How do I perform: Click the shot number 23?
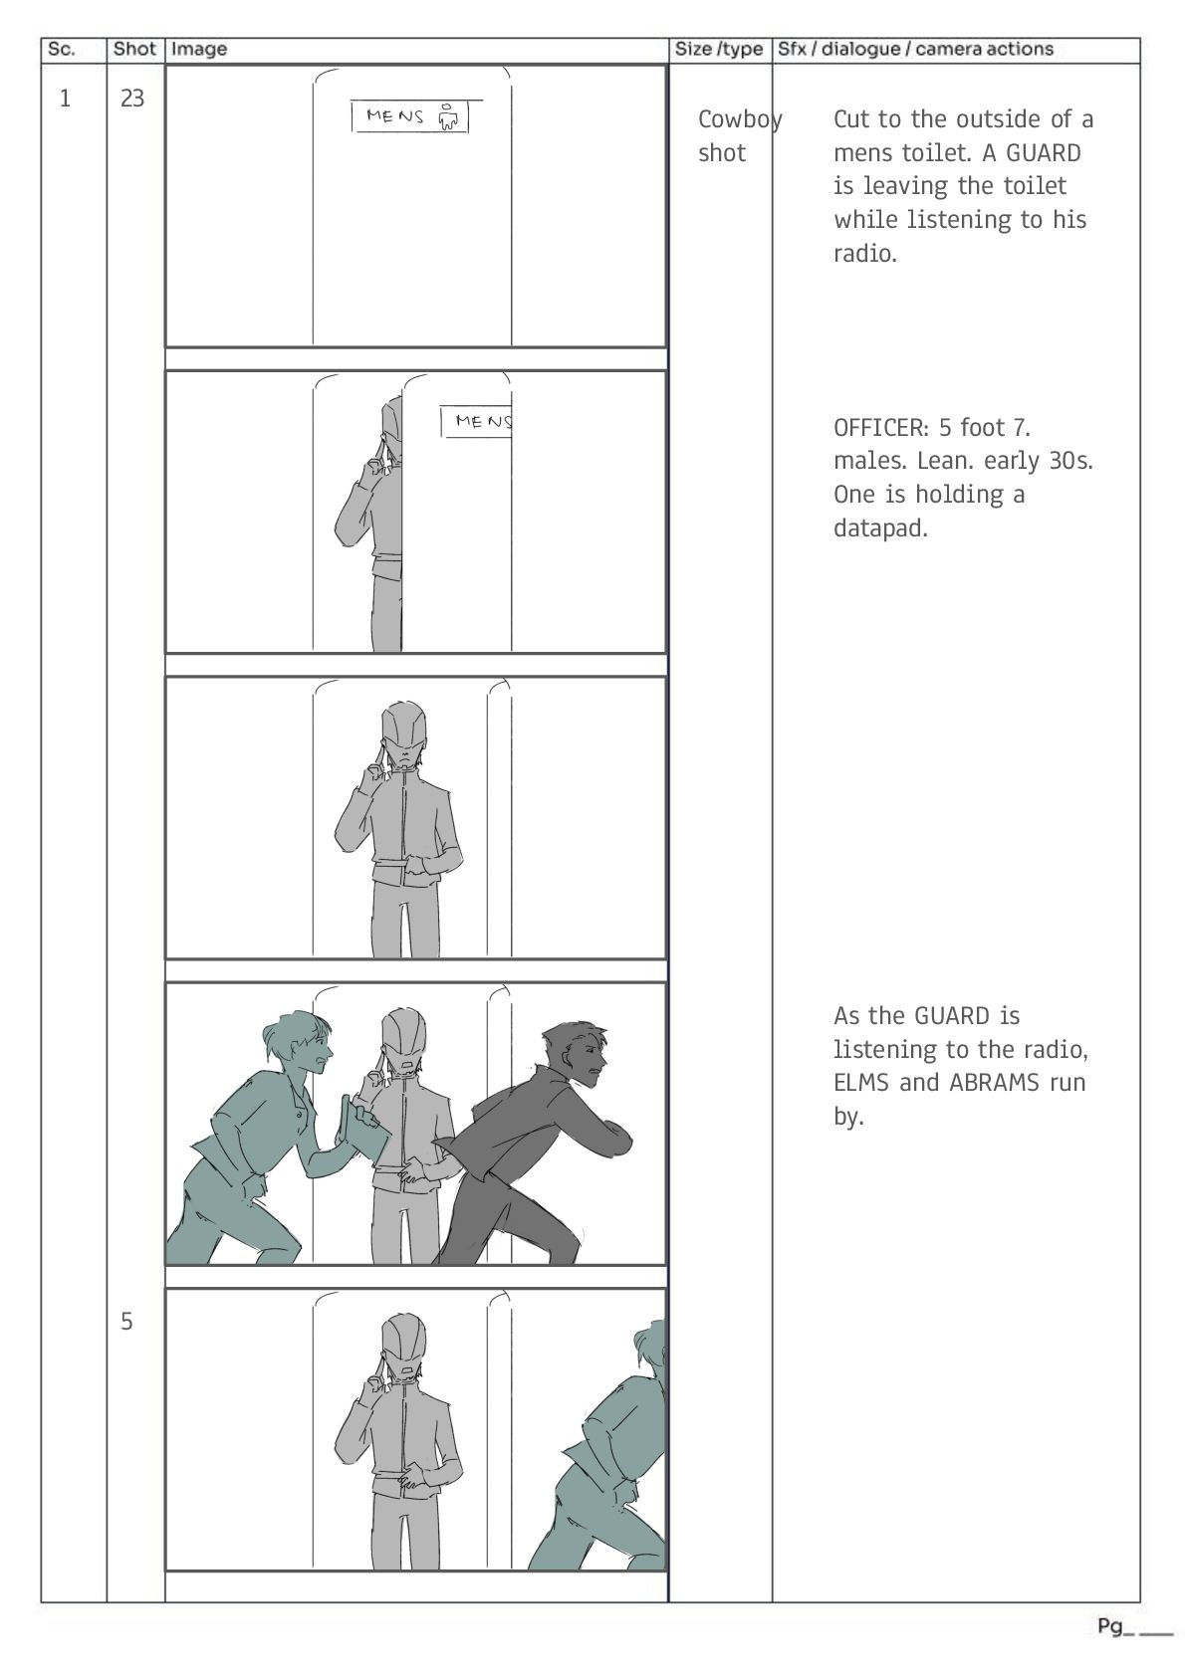(x=132, y=99)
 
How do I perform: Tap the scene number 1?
(x=65, y=99)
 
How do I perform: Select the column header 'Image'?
(x=198, y=50)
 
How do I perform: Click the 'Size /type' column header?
(x=718, y=50)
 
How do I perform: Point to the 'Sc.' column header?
(x=61, y=50)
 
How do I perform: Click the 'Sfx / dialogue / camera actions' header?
(x=915, y=50)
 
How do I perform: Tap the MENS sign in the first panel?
(x=410, y=116)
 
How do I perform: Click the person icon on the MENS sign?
(x=448, y=116)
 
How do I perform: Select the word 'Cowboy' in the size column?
(x=740, y=119)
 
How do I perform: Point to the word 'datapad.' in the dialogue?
(x=880, y=528)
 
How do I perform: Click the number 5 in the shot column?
(x=126, y=1322)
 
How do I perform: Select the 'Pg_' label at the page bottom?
(x=1115, y=1626)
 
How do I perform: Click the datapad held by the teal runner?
(x=363, y=1131)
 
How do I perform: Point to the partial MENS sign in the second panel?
(x=476, y=422)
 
